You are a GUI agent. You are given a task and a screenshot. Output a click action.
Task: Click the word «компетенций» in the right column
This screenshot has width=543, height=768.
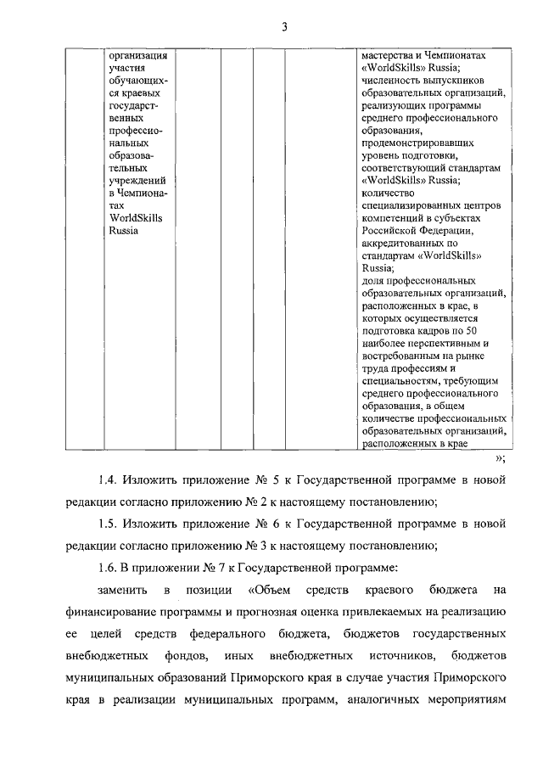pyautogui.click(x=392, y=217)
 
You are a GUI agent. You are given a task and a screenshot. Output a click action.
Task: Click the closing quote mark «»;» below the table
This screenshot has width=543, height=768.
pyautogui.click(x=501, y=458)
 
